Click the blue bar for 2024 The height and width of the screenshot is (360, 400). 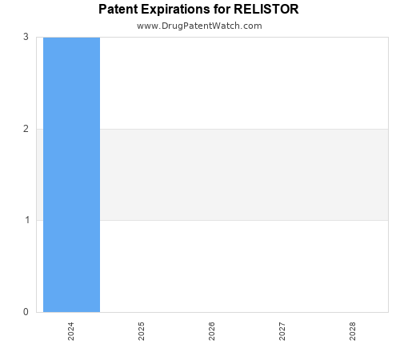pos(71,174)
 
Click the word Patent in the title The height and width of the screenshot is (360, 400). pos(118,10)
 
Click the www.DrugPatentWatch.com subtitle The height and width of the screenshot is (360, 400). pos(199,26)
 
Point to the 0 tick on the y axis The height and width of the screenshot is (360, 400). pos(26,312)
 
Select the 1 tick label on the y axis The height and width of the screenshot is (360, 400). pos(26,220)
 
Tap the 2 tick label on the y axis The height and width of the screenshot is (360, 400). pos(26,129)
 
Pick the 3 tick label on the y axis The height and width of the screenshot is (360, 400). pos(26,37)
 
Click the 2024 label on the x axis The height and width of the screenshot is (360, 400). pos(71,331)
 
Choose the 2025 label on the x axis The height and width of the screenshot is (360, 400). pos(142,331)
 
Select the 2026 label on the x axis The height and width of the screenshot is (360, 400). pos(212,331)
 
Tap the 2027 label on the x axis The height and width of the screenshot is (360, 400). pos(282,331)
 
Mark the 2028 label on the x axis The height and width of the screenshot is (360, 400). pos(353,331)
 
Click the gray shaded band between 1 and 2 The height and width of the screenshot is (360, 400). pos(240,174)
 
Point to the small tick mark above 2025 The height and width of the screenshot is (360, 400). pos(142,315)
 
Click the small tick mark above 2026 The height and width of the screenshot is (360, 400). pos(212,315)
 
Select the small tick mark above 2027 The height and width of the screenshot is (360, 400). pos(282,315)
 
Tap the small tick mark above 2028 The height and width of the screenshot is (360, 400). pos(353,315)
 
